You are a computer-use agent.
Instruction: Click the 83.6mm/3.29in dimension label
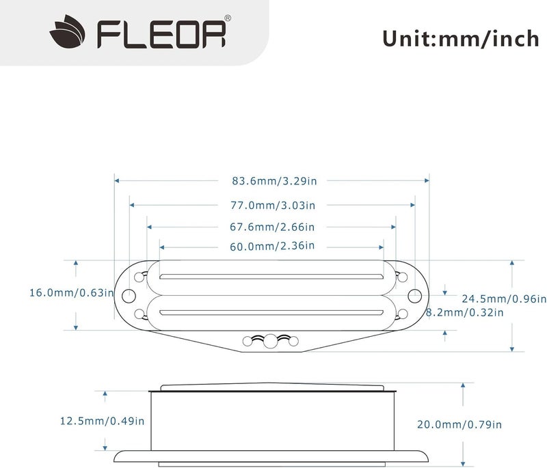[274, 181]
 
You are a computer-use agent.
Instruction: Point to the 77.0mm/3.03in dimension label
[272, 205]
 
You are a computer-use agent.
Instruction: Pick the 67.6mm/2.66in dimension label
[272, 227]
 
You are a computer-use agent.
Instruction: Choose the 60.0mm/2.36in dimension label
[272, 245]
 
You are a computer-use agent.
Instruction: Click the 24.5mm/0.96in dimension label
[504, 299]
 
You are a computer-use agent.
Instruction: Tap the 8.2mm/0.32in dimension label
[464, 312]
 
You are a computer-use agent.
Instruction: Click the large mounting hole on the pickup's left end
[129, 295]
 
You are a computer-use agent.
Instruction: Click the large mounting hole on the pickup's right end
[415, 295]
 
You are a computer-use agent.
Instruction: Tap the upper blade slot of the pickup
[271, 277]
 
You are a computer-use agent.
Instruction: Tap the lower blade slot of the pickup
[271, 314]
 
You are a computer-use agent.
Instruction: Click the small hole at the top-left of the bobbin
[141, 277]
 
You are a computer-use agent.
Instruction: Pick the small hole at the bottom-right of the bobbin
[403, 313]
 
